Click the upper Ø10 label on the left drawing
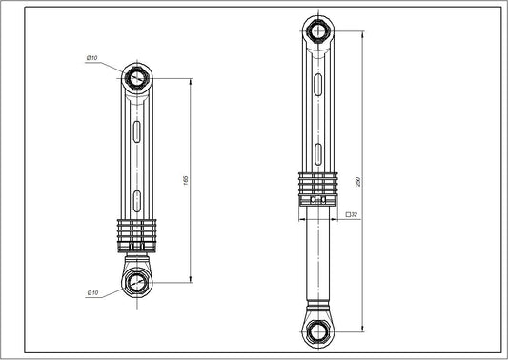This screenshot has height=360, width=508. tap(92, 59)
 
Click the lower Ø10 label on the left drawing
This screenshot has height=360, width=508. tap(92, 292)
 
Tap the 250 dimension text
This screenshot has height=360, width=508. tap(356, 181)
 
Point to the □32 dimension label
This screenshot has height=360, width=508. tap(351, 215)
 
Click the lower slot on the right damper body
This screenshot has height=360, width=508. tap(317, 153)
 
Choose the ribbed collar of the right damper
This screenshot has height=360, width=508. tap(317, 186)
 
